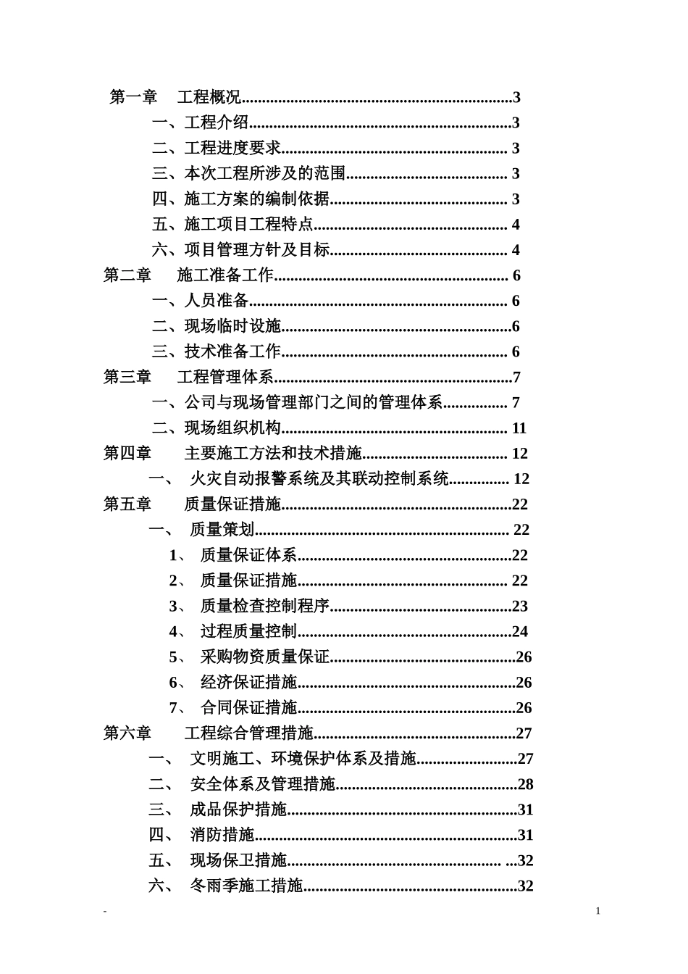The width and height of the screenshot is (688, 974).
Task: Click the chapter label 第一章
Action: coord(133,97)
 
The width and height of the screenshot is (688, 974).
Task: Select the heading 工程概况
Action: coord(209,97)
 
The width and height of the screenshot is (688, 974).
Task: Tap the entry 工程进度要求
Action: coord(232,148)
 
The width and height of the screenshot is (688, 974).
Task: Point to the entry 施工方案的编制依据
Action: coord(256,199)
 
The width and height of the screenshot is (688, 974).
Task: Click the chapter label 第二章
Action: coord(127,275)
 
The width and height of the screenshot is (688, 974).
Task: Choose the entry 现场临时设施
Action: coord(232,326)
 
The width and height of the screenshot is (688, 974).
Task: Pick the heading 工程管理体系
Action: coord(225,377)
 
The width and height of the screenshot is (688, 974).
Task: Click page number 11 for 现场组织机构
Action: coord(519,428)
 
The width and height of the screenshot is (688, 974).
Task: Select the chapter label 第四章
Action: coord(127,454)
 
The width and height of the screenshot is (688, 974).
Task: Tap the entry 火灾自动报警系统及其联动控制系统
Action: coord(319,479)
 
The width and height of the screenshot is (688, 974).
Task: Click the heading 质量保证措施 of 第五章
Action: coord(232,504)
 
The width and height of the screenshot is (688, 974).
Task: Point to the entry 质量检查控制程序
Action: coord(265,606)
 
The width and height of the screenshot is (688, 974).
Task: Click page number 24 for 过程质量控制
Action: coord(520,631)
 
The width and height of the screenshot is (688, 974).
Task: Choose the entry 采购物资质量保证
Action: coord(265,657)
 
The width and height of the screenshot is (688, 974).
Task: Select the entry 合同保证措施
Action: coord(249,708)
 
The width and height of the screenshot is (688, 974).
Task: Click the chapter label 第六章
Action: coord(127,733)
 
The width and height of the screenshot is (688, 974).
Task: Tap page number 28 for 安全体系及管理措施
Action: coord(526,784)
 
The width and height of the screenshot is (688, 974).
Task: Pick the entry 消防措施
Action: coord(222,835)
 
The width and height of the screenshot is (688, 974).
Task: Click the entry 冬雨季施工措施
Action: coord(246,886)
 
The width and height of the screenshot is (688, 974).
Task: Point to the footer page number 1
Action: coord(598,911)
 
